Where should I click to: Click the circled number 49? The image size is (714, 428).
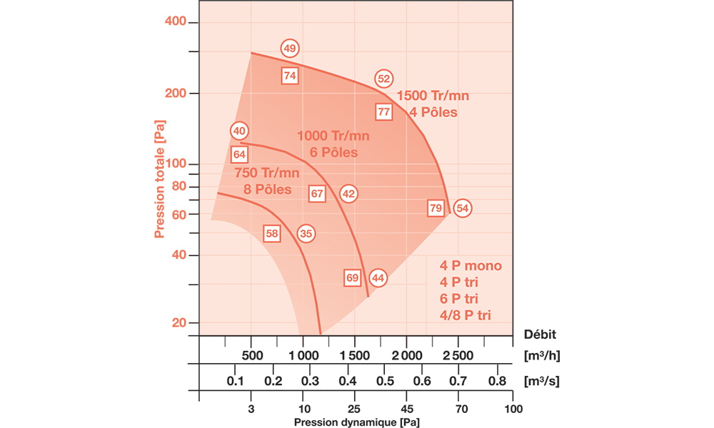tap(289, 49)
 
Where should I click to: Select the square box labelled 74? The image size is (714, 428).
tap(289, 75)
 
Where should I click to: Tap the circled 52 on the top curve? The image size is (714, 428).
tap(384, 79)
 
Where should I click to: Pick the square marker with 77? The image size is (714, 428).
tap(384, 112)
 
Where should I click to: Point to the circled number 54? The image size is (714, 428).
tap(463, 208)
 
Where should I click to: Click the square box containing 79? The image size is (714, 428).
tap(436, 208)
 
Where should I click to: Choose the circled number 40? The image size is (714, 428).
tap(239, 131)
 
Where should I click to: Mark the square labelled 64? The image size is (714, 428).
tap(239, 155)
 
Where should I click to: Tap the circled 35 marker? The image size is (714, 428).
tap(306, 233)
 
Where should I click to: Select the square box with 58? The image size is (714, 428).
tap(272, 233)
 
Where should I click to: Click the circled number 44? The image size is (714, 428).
tap(378, 278)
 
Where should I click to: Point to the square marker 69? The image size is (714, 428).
tap(352, 278)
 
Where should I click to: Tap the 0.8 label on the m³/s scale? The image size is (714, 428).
tap(497, 381)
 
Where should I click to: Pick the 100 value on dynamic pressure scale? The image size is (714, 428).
tap(513, 409)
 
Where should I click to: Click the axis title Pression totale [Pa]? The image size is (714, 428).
tap(159, 178)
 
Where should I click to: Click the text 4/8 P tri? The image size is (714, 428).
tap(466, 314)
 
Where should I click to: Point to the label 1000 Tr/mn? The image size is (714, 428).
tap(333, 136)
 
